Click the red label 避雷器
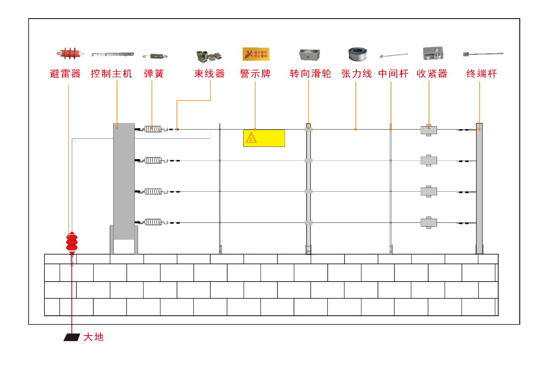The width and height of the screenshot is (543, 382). click(65, 74)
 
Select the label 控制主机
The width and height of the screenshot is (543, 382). click(111, 74)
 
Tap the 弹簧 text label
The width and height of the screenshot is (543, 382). click(154, 74)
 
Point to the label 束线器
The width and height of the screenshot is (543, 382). click(209, 74)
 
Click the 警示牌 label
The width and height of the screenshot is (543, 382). click(255, 74)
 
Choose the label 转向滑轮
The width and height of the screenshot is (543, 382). click(310, 74)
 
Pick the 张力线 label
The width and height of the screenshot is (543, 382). click(356, 74)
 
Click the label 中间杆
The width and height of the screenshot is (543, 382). click(393, 74)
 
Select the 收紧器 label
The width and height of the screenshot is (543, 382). click(432, 74)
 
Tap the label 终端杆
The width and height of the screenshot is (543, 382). click(482, 74)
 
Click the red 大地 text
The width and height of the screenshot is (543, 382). click(93, 337)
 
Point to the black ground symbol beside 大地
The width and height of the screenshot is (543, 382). click(72, 337)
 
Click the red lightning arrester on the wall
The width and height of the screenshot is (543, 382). click(72, 242)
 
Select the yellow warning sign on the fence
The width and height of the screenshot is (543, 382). click(264, 138)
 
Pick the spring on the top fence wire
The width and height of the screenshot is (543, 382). click(153, 129)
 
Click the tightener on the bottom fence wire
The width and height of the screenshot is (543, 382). click(429, 222)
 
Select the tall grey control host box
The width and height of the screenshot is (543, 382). click(124, 182)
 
